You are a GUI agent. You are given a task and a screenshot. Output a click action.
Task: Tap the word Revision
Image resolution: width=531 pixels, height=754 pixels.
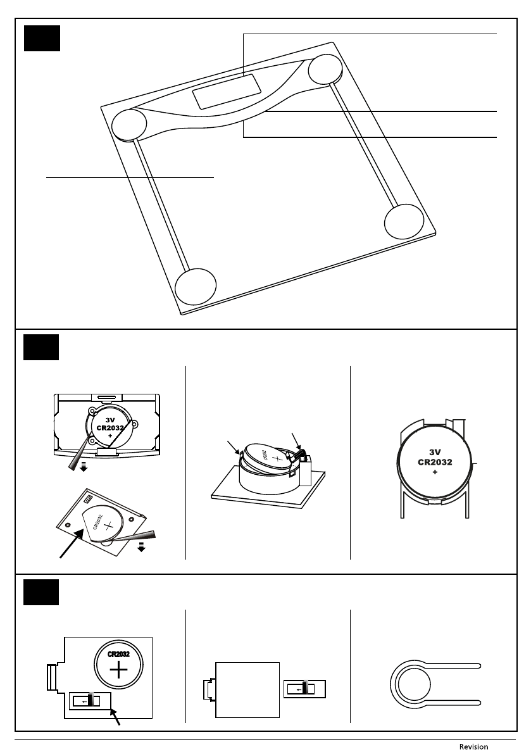click(x=473, y=746)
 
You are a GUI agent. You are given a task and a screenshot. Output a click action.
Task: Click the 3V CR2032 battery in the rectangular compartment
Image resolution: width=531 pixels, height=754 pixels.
click(x=110, y=426)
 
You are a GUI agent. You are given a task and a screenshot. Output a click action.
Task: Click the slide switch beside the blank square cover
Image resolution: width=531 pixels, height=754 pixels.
click(x=304, y=688)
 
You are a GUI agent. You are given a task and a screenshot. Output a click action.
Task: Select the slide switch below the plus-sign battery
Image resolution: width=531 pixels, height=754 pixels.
click(x=89, y=701)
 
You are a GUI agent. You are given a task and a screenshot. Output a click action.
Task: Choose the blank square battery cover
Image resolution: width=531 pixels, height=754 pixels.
click(x=247, y=689)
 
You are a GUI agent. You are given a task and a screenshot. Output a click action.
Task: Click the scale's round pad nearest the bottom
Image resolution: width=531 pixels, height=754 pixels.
click(x=196, y=287)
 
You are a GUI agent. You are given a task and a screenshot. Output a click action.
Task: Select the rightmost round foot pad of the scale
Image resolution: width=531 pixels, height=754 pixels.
click(x=403, y=222)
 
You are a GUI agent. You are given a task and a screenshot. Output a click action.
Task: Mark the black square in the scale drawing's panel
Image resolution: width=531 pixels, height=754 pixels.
click(x=42, y=39)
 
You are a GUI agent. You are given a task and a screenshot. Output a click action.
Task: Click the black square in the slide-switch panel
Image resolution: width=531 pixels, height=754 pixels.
click(x=41, y=592)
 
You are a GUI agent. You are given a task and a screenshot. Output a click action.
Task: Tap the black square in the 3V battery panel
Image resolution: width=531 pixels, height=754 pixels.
click(x=41, y=347)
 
